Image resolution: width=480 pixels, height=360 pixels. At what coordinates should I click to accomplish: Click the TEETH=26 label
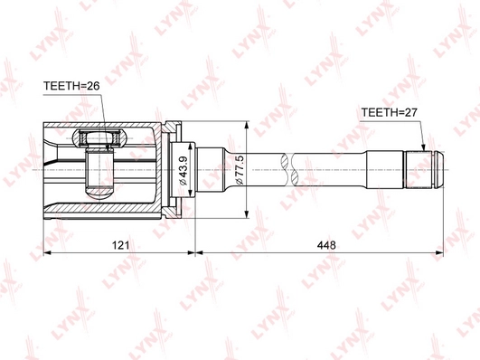click(71, 86)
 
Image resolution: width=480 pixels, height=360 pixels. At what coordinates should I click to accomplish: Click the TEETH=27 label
click(389, 112)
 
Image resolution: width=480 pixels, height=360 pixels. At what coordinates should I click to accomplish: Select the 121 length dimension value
click(120, 245)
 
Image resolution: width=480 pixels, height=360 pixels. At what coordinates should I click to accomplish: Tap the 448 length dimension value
click(326, 245)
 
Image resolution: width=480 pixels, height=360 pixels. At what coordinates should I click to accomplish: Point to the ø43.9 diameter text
click(184, 170)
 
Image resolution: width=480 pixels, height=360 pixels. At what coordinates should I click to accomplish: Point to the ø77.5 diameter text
click(239, 170)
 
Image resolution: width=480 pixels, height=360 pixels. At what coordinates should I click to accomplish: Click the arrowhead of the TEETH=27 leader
click(423, 147)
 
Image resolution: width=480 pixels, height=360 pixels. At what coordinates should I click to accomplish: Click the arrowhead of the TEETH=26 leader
click(108, 147)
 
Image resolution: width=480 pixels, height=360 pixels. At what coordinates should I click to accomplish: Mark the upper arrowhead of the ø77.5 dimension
click(247, 126)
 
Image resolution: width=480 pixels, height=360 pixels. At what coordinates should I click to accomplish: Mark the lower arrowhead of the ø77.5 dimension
click(247, 214)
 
